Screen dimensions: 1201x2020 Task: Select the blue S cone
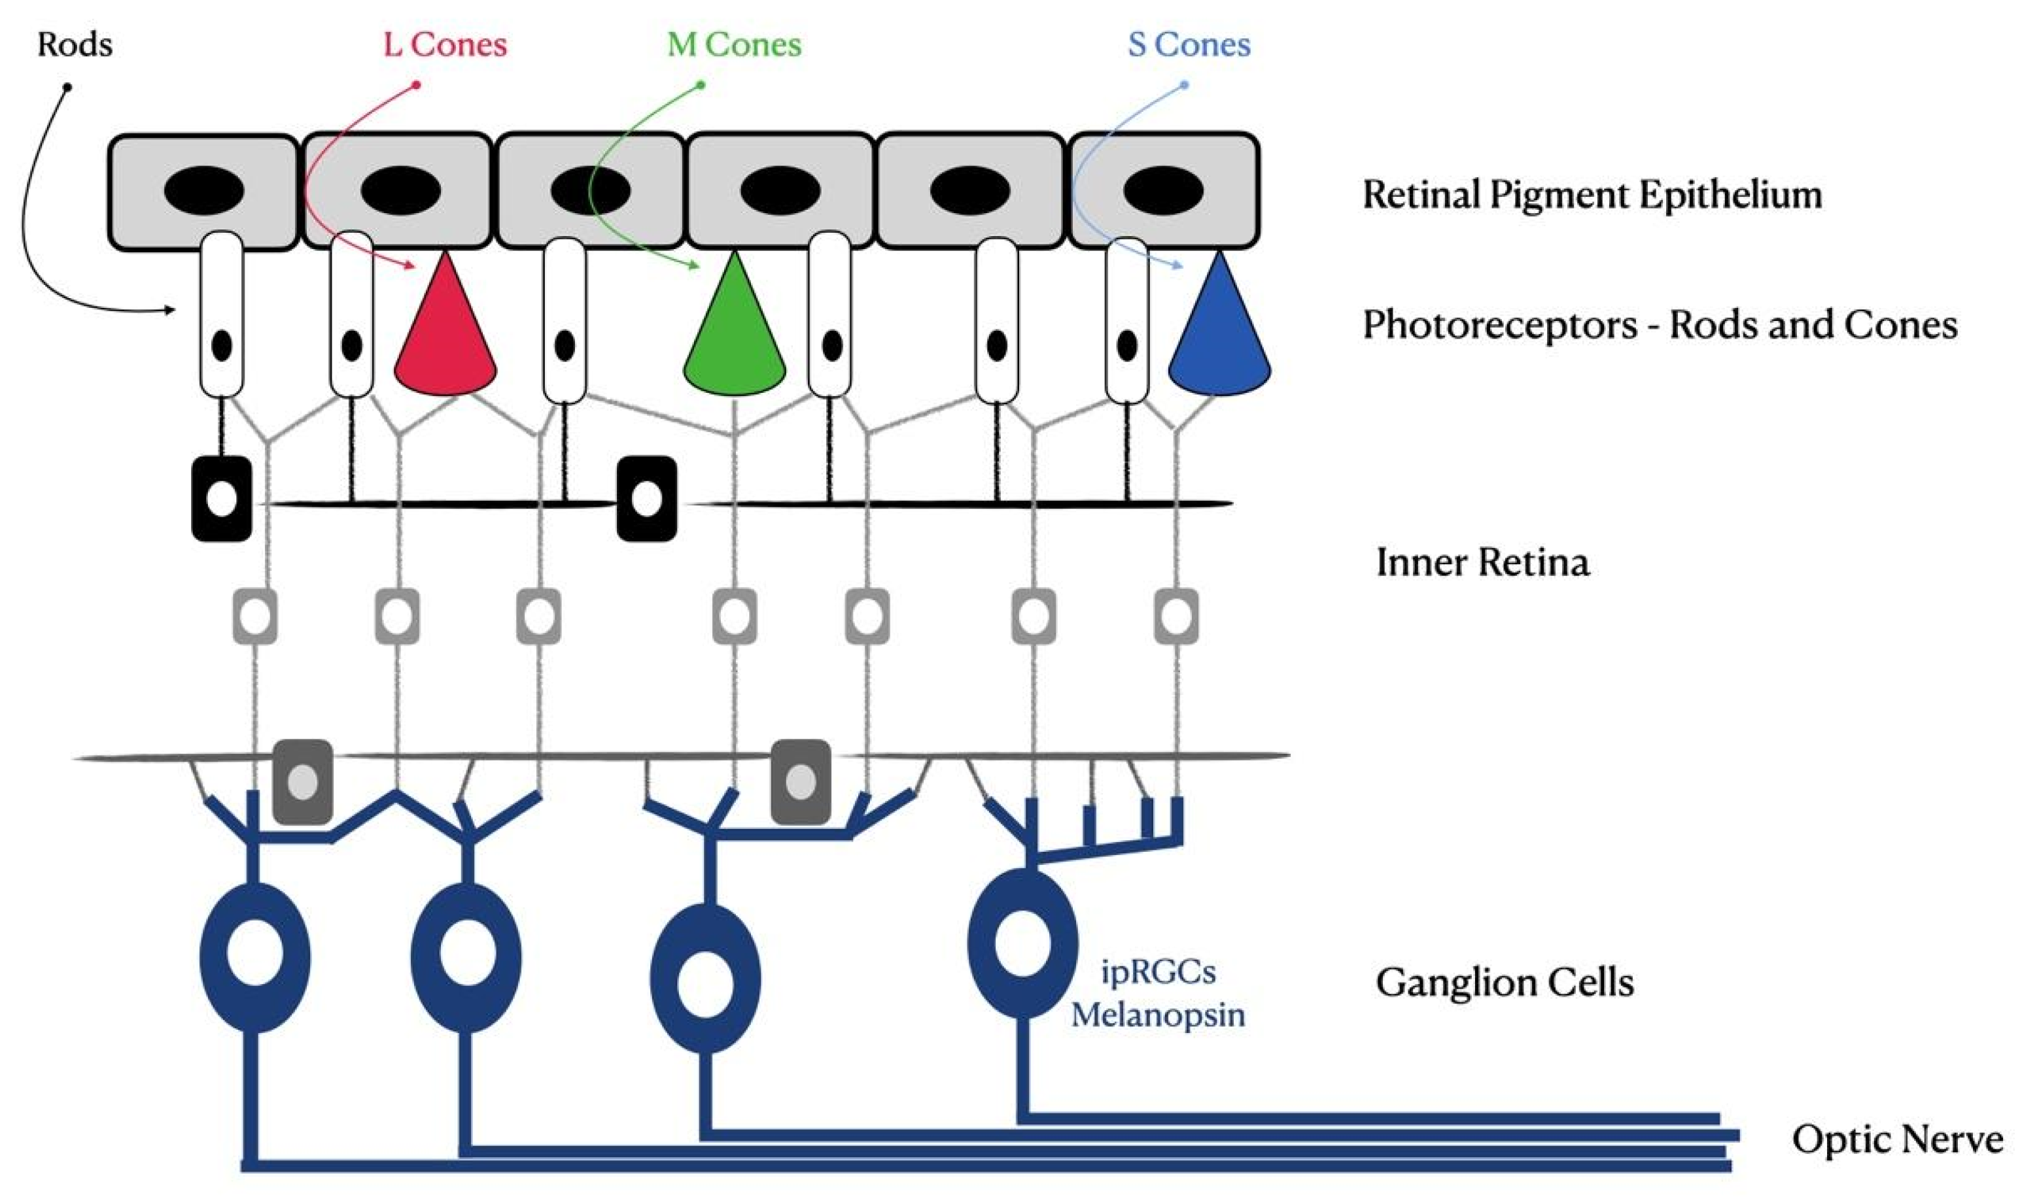1219,332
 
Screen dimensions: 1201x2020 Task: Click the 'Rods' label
75,44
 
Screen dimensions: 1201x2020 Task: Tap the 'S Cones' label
1189,44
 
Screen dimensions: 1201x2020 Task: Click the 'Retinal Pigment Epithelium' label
1592,195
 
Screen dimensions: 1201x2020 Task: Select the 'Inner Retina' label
1482,562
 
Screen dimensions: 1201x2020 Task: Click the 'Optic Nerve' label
1897,1139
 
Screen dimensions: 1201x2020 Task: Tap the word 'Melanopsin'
1158,1014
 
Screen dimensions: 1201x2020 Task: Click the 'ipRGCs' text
1158,971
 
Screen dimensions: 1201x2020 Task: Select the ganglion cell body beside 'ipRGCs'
1023,943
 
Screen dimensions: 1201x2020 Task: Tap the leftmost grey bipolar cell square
255,617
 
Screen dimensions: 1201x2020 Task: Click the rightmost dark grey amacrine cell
800,782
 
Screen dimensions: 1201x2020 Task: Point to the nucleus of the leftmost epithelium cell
203,190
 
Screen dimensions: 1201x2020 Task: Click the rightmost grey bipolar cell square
1175,617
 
